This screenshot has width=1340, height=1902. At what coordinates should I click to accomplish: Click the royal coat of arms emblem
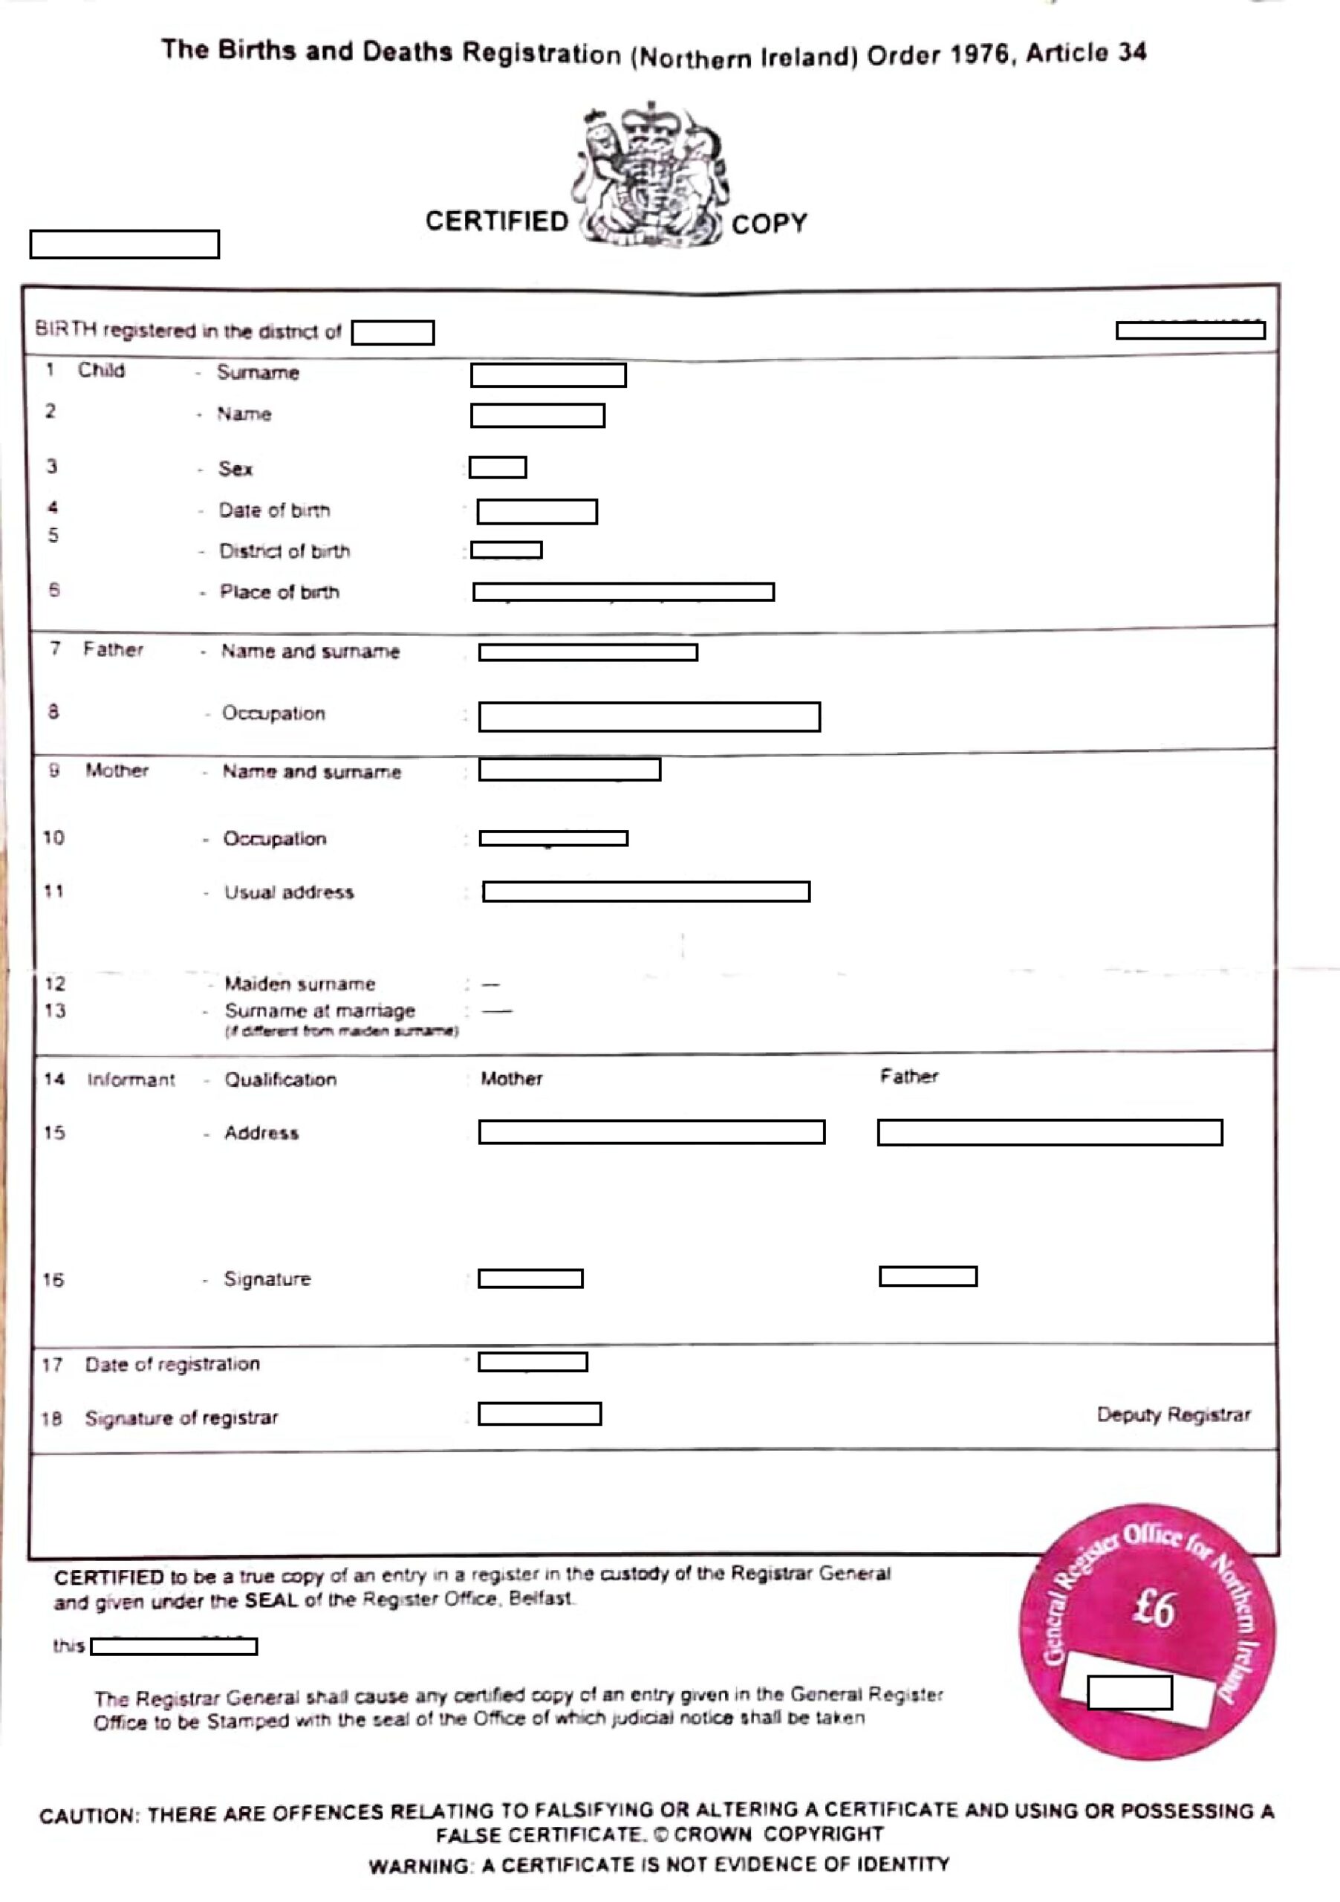(650, 175)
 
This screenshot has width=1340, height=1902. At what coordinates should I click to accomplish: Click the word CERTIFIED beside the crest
(496, 221)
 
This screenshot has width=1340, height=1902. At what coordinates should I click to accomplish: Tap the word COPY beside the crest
(769, 224)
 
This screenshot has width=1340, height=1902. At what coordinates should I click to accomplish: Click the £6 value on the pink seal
(1152, 1609)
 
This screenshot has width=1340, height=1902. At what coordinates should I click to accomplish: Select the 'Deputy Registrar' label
(1173, 1415)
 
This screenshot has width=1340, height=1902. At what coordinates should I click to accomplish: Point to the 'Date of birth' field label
(274, 510)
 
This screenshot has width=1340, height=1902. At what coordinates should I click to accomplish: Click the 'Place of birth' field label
(279, 591)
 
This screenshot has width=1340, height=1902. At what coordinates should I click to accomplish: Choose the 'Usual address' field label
(289, 892)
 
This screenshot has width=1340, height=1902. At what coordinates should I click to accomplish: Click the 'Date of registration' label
(172, 1364)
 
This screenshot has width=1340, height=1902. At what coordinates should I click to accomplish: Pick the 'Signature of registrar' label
(181, 1418)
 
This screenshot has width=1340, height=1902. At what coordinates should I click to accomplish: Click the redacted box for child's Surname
(548, 375)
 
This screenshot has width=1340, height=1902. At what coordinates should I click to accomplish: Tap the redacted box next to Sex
(498, 467)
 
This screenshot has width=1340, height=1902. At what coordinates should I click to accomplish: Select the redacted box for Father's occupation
(649, 716)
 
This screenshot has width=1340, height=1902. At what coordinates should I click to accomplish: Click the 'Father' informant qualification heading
(908, 1076)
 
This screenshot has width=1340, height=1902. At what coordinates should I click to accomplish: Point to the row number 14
(53, 1079)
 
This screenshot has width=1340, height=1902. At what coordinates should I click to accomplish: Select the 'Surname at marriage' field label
(319, 1010)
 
